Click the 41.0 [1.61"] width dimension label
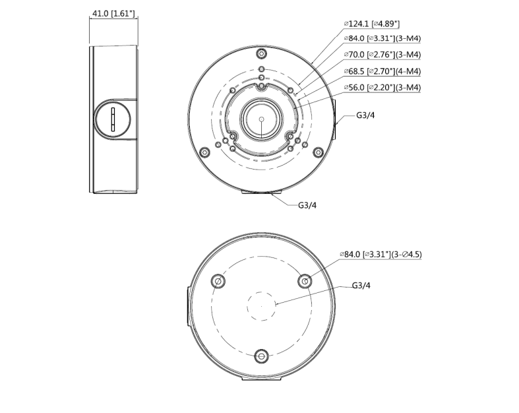113,13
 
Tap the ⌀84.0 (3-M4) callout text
382,39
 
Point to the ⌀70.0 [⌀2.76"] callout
382,55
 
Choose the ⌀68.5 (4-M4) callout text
382,71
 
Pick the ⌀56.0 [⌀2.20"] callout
382,87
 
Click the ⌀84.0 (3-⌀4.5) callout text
380,254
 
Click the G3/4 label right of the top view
365,115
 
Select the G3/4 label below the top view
307,205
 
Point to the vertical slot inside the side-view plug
113,119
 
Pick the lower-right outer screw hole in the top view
319,152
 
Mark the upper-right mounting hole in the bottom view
305,282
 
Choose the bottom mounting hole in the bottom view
262,357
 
